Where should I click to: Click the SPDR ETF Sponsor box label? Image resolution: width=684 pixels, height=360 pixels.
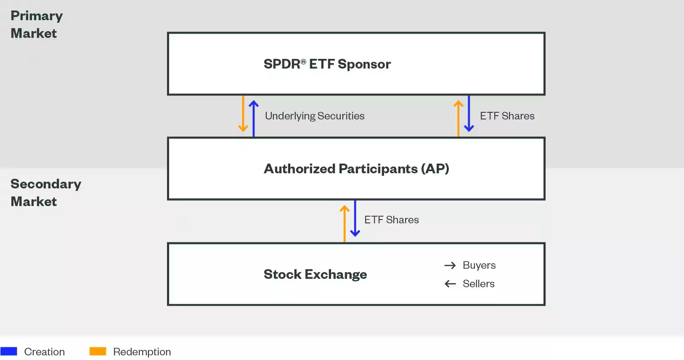(327, 64)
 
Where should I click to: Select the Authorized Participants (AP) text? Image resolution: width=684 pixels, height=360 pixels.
(356, 169)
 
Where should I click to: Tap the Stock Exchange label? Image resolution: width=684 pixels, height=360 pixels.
(315, 274)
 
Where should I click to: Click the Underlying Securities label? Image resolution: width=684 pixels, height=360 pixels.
(315, 116)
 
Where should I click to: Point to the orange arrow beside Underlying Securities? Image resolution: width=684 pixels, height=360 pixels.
(243, 114)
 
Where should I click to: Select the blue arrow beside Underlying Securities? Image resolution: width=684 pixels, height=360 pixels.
(253, 118)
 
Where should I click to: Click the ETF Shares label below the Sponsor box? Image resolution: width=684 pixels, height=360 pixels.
(507, 116)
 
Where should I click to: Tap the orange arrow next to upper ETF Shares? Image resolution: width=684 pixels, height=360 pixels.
(458, 118)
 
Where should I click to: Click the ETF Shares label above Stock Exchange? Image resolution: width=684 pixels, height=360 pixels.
(391, 220)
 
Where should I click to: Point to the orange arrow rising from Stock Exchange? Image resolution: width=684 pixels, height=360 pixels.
(345, 223)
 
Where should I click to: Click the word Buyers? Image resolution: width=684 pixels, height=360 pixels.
(479, 265)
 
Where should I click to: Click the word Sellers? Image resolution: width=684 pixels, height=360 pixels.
(478, 284)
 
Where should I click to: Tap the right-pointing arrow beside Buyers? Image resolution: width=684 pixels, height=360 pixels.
(450, 265)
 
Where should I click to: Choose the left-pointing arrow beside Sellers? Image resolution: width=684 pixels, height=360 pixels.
(450, 284)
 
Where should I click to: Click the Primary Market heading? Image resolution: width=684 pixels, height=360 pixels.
(37, 24)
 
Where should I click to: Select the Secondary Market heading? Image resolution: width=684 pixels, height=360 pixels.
(45, 193)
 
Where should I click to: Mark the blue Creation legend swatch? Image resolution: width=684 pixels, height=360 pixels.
(9, 351)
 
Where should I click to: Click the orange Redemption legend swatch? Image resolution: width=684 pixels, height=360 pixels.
(98, 351)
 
